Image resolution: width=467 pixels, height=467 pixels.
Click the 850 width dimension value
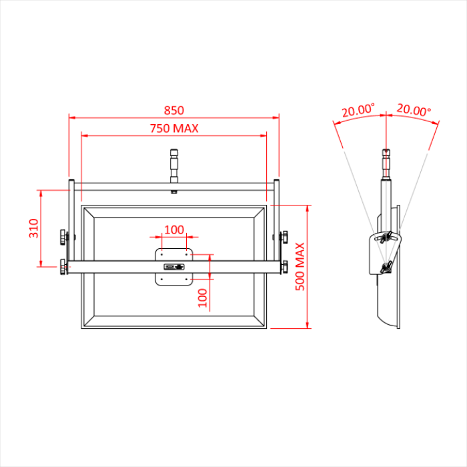tap(173, 110)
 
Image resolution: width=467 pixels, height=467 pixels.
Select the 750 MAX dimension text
tap(173, 129)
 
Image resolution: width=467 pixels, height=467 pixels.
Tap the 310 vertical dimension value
tap(33, 229)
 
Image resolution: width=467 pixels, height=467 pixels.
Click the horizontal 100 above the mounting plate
tap(173, 229)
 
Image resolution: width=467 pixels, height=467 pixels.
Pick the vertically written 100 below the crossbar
tap(203, 297)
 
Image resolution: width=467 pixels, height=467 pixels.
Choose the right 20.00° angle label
tap(414, 110)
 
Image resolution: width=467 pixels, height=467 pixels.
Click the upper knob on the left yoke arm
tap(63, 236)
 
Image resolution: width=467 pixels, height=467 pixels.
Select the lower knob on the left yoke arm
tap(63, 267)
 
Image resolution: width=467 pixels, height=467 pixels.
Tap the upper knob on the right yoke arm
tap(284, 236)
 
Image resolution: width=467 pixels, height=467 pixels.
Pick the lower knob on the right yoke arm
tap(284, 267)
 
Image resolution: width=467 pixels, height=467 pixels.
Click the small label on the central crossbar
tap(173, 267)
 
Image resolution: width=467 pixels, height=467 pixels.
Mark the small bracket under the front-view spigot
tap(173, 192)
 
